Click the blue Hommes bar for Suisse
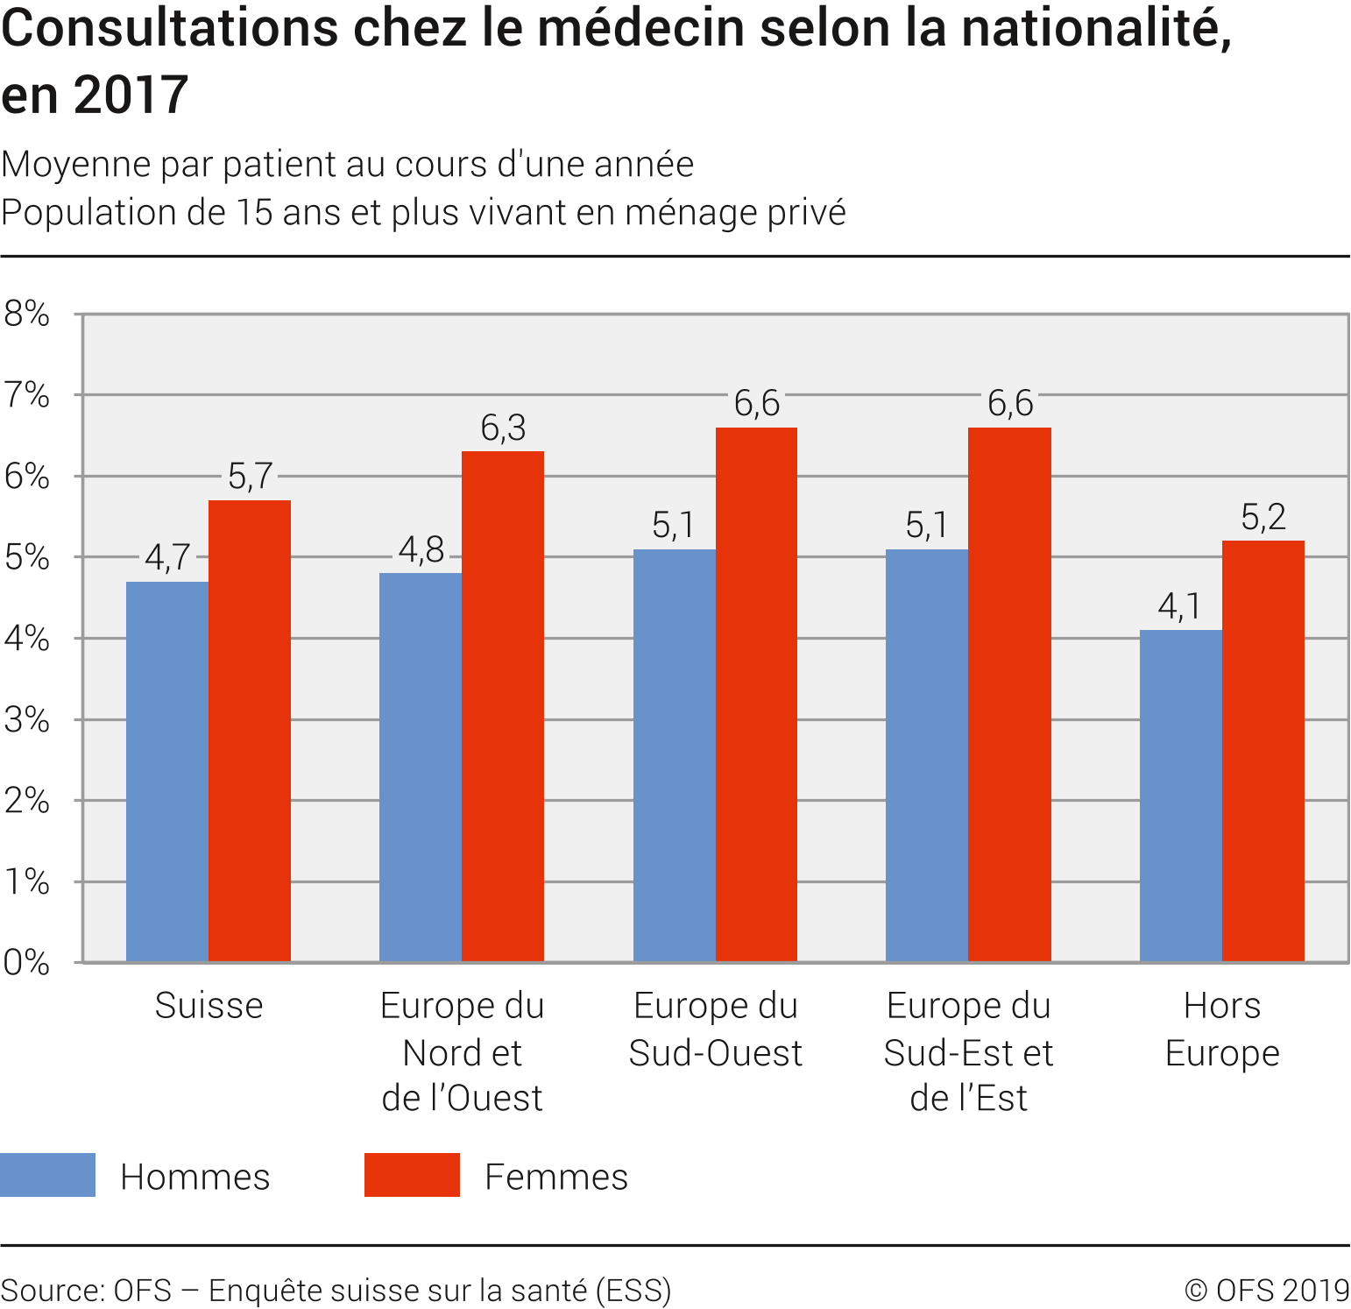(x=166, y=771)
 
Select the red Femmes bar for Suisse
(x=250, y=731)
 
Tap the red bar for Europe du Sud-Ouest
(x=756, y=694)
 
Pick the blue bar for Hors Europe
(x=1180, y=796)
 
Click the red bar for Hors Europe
(x=1263, y=751)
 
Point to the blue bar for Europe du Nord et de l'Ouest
(x=421, y=768)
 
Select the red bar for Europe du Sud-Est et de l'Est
(x=1009, y=694)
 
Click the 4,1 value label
(x=1179, y=606)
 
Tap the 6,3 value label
(x=503, y=428)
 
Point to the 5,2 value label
(x=1263, y=518)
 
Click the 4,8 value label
(x=421, y=550)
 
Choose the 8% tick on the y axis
(x=26, y=314)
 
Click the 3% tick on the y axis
(x=26, y=720)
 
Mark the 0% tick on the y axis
(x=26, y=963)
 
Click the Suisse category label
(x=209, y=1006)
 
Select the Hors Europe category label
(x=1222, y=1030)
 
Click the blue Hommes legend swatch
(x=47, y=1175)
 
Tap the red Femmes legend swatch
(x=412, y=1175)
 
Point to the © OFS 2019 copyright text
(x=1267, y=1291)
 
